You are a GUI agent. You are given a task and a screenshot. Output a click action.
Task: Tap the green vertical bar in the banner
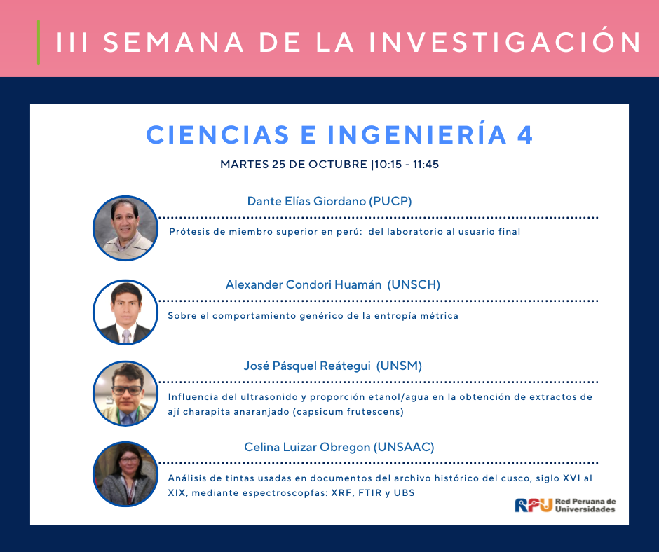pos(39,43)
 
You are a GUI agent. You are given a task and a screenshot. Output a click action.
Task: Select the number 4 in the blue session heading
pos(525,135)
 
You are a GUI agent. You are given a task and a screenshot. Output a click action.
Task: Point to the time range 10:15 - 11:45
pos(407,164)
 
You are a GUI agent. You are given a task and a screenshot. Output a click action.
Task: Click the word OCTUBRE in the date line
pos(337,164)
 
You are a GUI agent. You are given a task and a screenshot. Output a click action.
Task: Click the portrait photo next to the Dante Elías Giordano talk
pos(125,228)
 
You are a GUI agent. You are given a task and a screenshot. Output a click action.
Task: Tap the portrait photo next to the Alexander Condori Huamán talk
pos(125,312)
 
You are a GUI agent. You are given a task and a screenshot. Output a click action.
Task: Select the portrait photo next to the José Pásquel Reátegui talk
pos(125,393)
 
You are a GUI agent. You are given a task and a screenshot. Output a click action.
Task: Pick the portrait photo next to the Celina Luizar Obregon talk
pos(125,474)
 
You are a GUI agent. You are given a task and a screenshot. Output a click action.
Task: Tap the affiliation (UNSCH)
pos(414,285)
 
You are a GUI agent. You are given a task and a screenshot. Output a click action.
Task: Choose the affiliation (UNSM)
pos(399,366)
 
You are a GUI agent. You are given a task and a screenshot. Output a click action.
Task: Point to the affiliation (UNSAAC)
pos(404,447)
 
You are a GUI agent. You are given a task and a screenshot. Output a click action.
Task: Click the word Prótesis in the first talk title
pos(189,231)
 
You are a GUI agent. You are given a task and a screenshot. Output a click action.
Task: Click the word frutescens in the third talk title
pos(375,412)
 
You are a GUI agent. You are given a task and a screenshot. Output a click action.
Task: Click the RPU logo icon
pos(534,505)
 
